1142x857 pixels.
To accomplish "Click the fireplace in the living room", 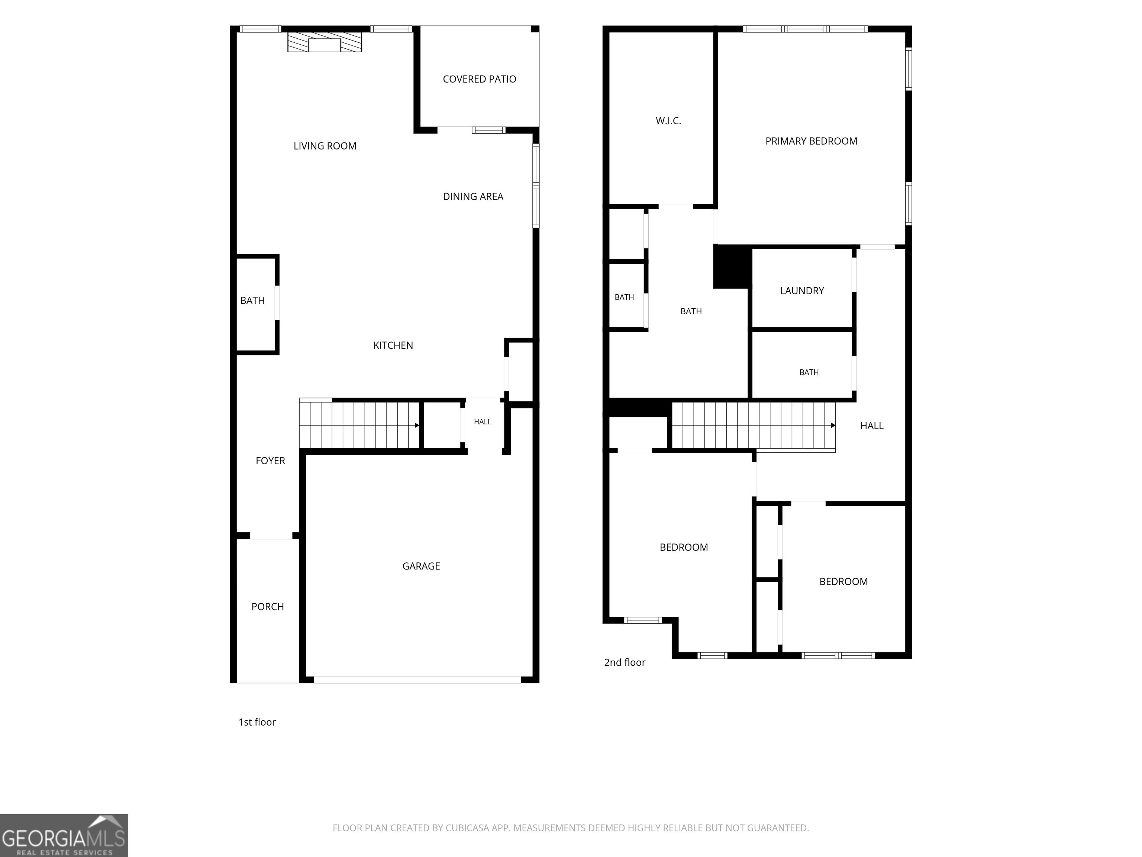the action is click(325, 42).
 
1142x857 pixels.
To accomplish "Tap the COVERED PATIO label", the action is click(479, 79).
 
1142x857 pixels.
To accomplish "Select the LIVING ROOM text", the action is click(325, 146).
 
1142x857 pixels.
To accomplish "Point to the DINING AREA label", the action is click(473, 196).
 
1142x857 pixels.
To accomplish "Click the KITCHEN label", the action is click(393, 345).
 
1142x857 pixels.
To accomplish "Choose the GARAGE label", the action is click(421, 566).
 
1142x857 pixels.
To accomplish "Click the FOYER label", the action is click(270, 461).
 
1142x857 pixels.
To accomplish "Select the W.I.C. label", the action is click(668, 121).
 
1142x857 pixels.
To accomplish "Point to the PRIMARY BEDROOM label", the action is click(811, 141).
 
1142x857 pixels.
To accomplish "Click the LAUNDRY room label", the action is click(802, 291).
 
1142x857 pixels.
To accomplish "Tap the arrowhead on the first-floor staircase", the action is click(417, 425).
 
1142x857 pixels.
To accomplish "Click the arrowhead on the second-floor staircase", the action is click(833, 425).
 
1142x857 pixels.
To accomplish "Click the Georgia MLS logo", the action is click(64, 835).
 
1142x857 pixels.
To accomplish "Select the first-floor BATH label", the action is click(252, 301).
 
